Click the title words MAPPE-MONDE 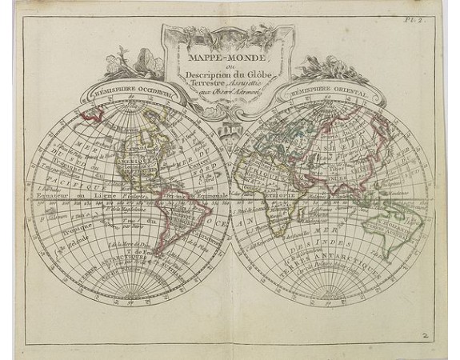click(x=227, y=57)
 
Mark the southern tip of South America click(x=166, y=261)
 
